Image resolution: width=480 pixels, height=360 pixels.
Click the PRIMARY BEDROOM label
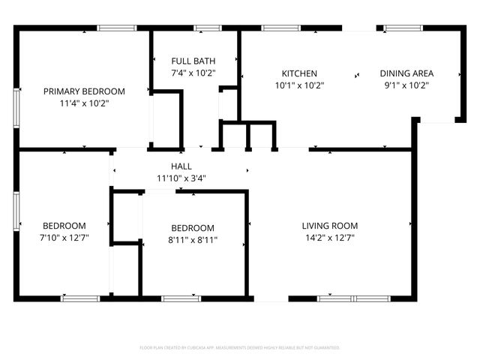(84, 91)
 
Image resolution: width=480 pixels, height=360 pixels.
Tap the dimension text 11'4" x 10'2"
(84, 103)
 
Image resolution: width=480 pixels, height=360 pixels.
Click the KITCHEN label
(299, 73)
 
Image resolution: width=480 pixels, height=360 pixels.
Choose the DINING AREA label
(406, 73)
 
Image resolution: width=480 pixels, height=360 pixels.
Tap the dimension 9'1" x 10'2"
(406, 85)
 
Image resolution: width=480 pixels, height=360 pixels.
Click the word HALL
(181, 166)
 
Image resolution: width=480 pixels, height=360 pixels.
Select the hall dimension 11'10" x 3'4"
(181, 178)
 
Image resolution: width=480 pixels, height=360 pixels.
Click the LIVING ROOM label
(329, 226)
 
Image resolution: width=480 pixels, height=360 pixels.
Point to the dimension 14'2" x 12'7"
(329, 238)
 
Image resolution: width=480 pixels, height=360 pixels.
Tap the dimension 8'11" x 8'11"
(193, 241)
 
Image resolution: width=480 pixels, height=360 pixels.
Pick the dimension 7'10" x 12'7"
(64, 238)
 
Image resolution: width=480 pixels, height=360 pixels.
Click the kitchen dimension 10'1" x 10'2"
(299, 85)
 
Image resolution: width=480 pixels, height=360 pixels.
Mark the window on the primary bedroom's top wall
(117, 28)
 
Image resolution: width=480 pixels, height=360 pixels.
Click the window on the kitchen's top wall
(280, 28)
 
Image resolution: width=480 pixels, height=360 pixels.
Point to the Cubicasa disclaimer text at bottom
(240, 348)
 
